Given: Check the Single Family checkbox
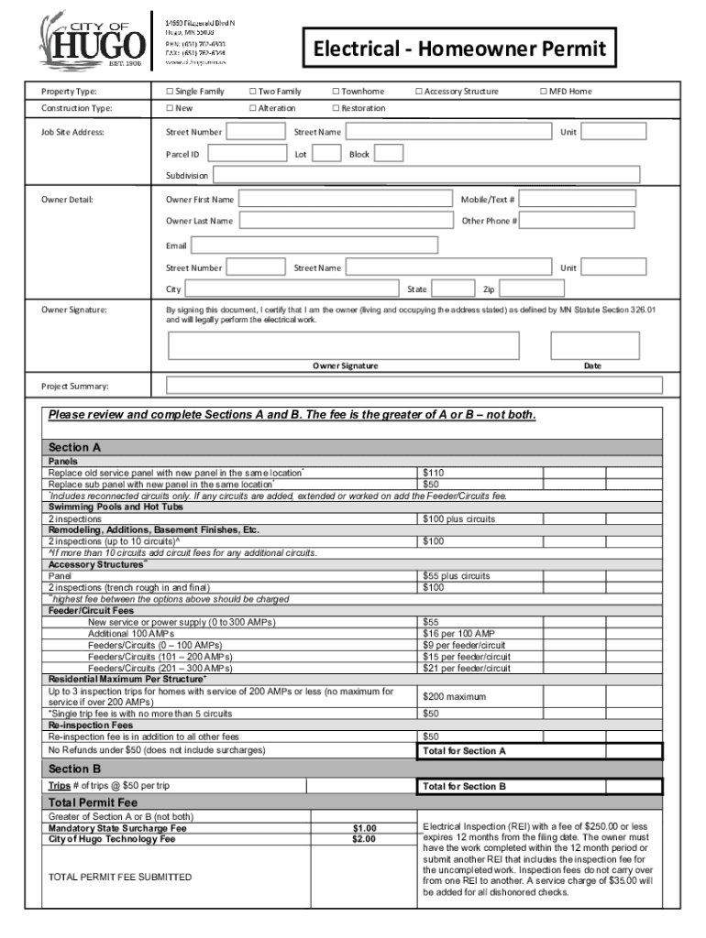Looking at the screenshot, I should pos(170,92).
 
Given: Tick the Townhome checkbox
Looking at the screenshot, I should pos(336,92).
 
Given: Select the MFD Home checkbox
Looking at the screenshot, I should pos(544,92).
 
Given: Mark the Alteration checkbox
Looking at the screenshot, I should pos(253,108).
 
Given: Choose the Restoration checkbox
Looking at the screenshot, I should pos(336,108).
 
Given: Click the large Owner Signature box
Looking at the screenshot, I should pos(344,345).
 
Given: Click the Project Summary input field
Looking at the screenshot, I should pos(414,386).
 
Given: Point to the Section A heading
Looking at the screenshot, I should pos(69,448).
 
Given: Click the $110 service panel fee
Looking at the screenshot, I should pos(433,474).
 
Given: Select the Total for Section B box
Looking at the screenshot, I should pos(540,786).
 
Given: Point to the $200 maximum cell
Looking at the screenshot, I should pos(455,697).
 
